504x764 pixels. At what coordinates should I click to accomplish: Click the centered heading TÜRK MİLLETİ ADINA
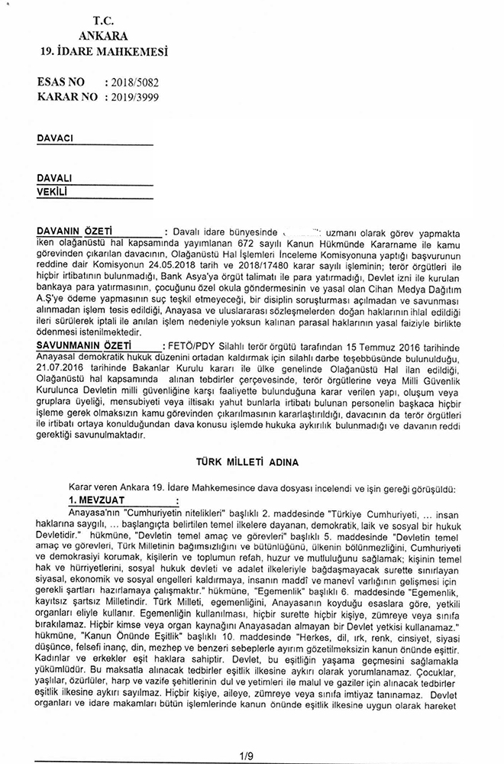tap(252, 462)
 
